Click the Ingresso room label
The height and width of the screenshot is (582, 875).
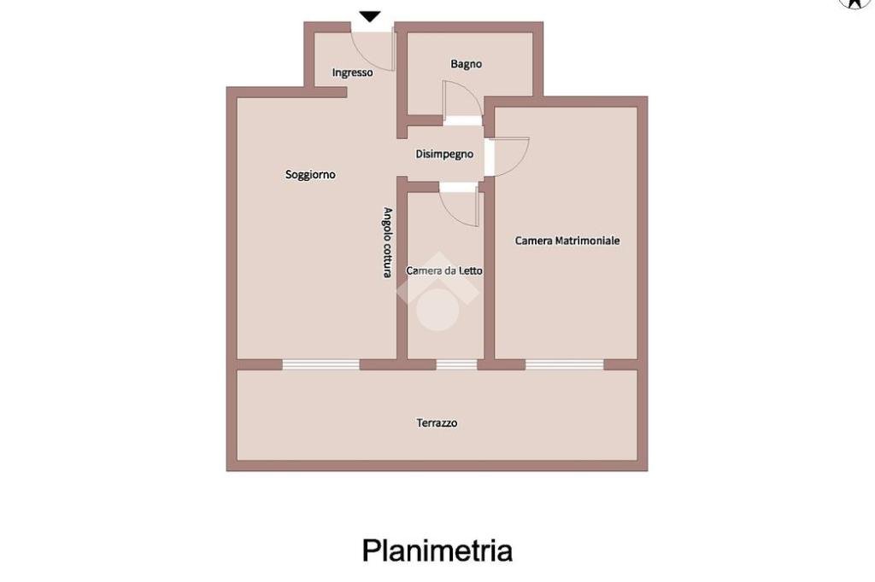352,73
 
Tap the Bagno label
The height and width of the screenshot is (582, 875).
466,64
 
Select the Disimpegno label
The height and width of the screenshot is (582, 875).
444,154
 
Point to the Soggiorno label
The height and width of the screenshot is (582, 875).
310,175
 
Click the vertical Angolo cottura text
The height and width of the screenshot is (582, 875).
387,242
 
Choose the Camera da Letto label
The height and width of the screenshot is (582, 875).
444,271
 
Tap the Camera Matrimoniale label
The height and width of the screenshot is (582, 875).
567,241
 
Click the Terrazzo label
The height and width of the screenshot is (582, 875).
437,422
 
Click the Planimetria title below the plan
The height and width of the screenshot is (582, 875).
437,550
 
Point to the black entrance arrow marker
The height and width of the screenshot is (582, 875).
369,16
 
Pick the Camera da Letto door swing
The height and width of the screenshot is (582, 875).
460,207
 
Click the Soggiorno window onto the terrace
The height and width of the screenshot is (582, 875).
320,364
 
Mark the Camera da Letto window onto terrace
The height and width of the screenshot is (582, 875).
456,364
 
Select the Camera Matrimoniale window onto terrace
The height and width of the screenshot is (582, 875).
564,364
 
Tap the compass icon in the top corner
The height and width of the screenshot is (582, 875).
855,3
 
